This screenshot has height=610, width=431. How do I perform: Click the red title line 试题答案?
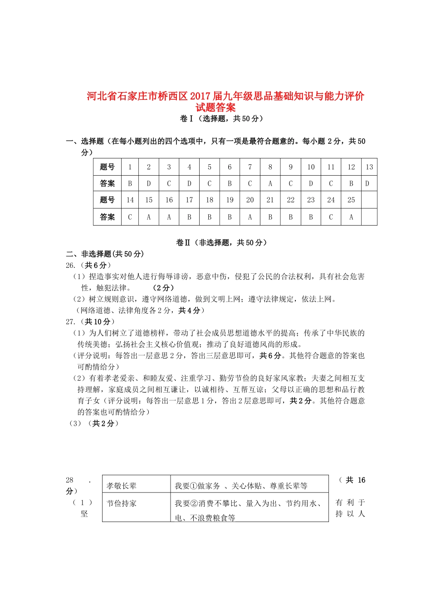(x=215, y=108)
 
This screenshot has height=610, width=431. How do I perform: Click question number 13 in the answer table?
(x=369, y=167)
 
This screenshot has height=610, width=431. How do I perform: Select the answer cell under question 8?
(x=270, y=184)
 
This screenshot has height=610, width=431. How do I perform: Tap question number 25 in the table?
(x=351, y=200)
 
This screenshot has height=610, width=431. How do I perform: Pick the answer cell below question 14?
(x=130, y=217)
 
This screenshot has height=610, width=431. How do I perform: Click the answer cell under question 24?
(x=331, y=217)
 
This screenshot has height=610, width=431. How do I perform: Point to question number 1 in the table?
(x=130, y=167)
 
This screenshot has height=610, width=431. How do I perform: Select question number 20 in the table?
(x=250, y=200)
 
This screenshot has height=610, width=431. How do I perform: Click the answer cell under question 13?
(x=367, y=184)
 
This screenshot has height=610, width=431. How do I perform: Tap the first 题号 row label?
(x=108, y=167)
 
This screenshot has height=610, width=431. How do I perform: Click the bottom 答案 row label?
(x=108, y=217)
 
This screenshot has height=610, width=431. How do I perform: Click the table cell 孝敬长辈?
(x=122, y=486)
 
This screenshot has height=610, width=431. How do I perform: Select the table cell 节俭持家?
(x=122, y=504)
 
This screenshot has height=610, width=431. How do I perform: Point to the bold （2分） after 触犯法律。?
(x=163, y=288)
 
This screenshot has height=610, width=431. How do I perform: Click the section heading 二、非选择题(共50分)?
(x=105, y=254)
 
